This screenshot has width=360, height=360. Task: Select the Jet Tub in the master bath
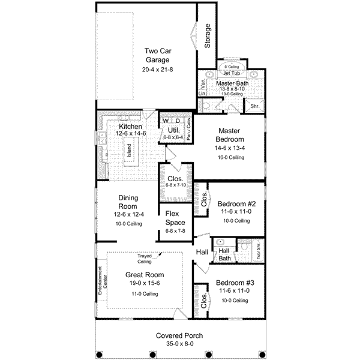click(x=232, y=73)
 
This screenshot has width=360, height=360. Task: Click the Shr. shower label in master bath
click(x=255, y=109)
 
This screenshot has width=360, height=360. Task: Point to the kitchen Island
click(x=129, y=151)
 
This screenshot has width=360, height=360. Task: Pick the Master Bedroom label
click(x=229, y=135)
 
